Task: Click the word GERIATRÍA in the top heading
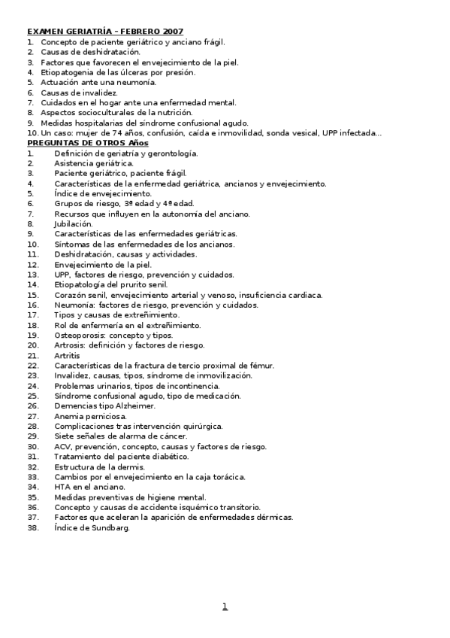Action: tap(87, 32)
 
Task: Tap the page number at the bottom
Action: tap(225, 606)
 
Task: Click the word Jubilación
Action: tap(74, 224)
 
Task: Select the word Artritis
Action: tap(67, 355)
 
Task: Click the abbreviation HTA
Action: tap(62, 487)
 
